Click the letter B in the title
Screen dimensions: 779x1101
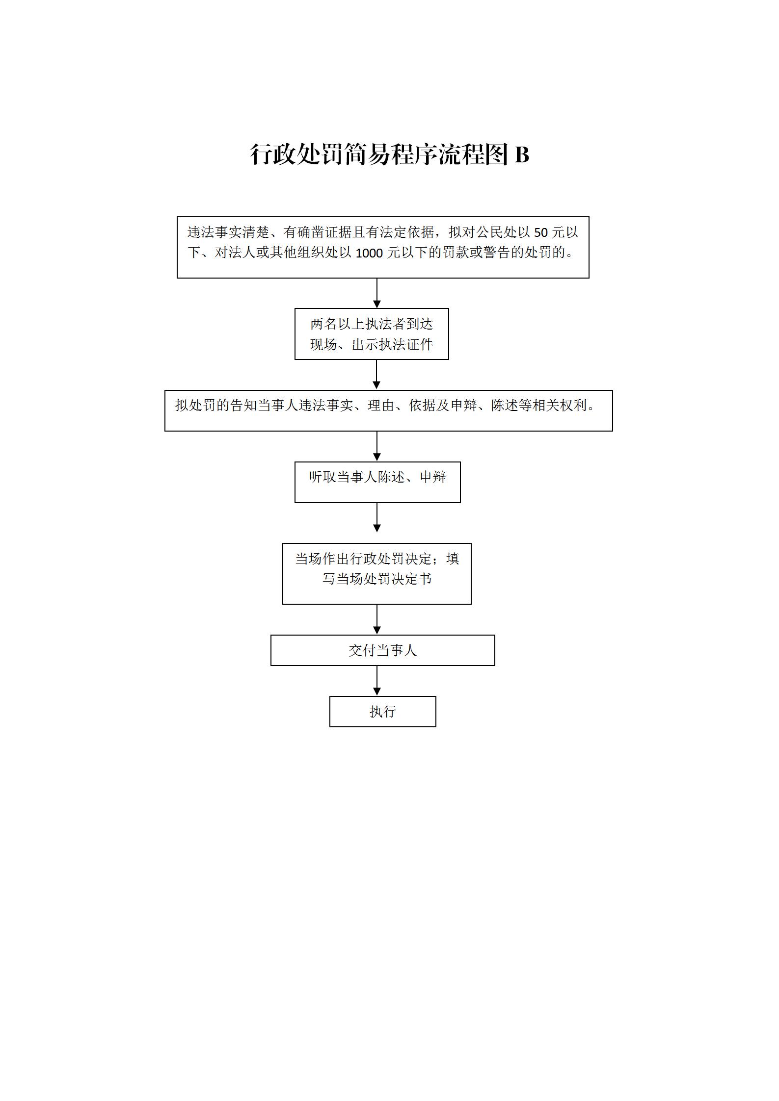522,154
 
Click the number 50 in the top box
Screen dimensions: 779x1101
541,232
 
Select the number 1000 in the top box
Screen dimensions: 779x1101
369,253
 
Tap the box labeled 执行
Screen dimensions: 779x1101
382,711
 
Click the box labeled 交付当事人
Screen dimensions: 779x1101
382,650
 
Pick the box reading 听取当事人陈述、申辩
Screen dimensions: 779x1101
377,482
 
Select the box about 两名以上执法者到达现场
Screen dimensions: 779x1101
372,334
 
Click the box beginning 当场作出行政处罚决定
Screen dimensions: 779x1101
376,573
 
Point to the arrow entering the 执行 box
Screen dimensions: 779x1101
377,681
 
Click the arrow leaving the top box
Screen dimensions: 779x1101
377,293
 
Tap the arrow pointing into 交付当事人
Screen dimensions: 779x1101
377,619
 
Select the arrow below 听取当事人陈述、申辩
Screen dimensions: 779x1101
377,517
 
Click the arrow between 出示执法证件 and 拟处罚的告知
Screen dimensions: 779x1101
377,375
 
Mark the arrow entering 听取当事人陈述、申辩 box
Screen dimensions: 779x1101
377,446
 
